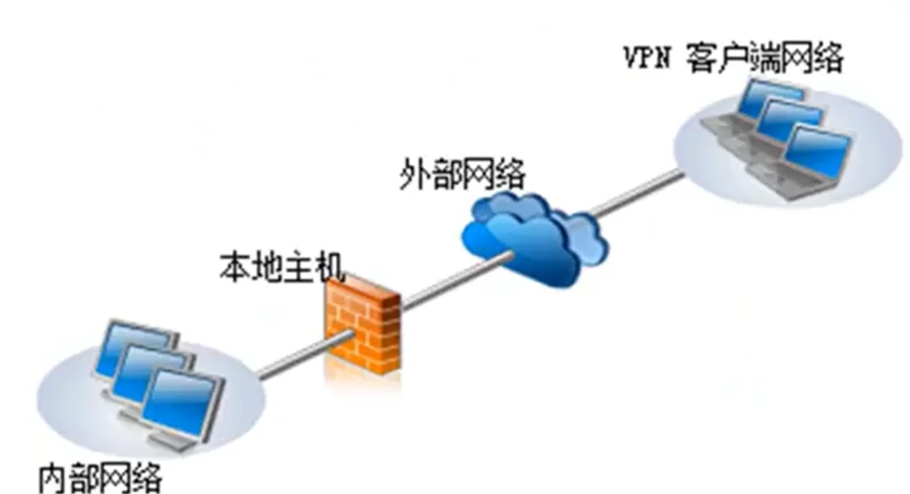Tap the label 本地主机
(282, 267)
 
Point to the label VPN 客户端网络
(733, 59)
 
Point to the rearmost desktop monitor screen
(132, 343)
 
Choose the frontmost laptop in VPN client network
(820, 158)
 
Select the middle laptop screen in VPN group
(790, 121)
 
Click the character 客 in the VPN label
(700, 59)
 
